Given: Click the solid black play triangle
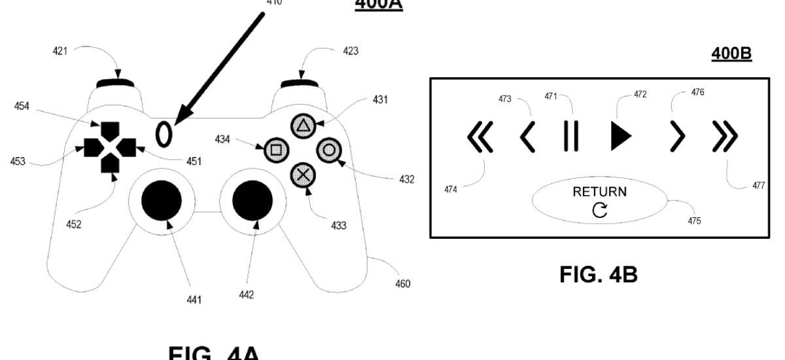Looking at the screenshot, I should [x=620, y=136].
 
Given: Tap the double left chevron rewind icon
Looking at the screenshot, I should [x=481, y=137].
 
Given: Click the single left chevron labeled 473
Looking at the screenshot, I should [x=527, y=137].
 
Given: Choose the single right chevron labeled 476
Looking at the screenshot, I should [x=678, y=137].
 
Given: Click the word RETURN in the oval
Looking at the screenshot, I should [x=599, y=192].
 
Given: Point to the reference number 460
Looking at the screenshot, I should [x=403, y=284].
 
